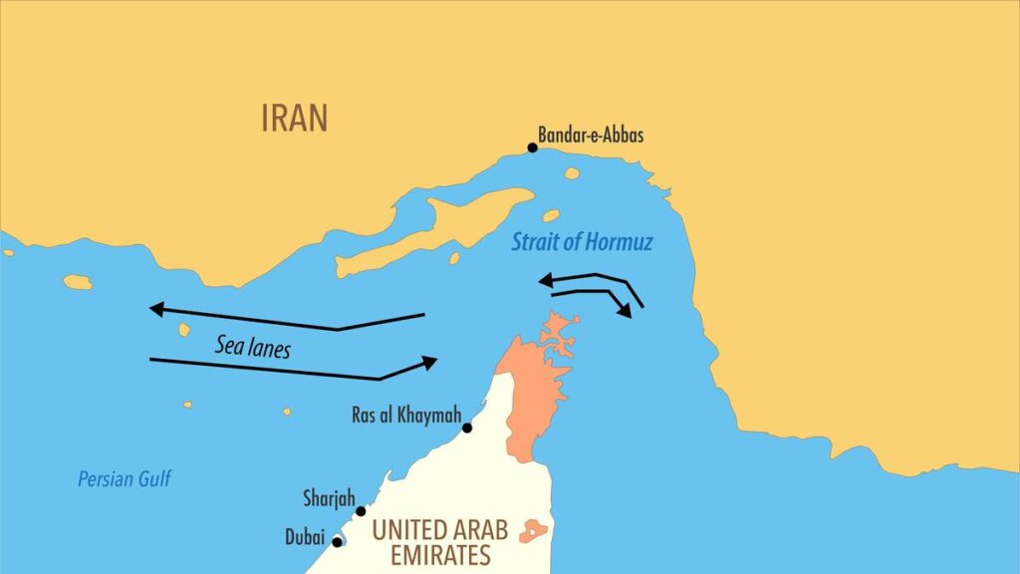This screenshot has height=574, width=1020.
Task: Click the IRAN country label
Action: coord(294,118)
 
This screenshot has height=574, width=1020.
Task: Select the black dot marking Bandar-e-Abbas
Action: coord(532,147)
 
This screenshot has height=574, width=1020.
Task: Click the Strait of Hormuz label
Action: coord(583,242)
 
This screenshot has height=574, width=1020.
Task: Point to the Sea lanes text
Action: coord(252,348)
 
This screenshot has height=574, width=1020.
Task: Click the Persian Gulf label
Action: coord(125,479)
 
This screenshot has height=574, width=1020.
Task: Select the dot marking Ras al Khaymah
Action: coord(466,428)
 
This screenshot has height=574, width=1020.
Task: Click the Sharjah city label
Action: coord(329,498)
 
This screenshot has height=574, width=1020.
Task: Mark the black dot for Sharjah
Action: coord(361,511)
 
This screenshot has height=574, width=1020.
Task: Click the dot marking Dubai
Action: coord(338,542)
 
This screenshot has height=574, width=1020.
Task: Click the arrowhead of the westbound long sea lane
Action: coord(156,309)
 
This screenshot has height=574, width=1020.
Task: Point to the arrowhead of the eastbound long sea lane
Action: coord(429,361)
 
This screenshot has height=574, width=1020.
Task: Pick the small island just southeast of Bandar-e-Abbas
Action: coord(571,173)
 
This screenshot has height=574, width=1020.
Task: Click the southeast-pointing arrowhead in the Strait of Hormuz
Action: coord(625,311)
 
